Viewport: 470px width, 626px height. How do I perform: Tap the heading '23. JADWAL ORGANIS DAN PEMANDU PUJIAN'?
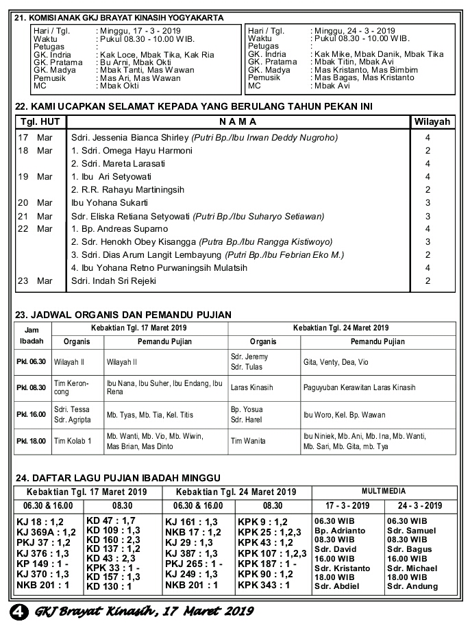pyautogui.click(x=123, y=315)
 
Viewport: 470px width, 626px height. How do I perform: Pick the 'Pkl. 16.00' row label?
pyautogui.click(x=31, y=416)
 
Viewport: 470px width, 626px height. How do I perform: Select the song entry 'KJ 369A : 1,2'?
pyautogui.click(x=46, y=531)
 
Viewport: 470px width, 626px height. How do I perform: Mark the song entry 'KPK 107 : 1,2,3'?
pyautogui.click(x=272, y=553)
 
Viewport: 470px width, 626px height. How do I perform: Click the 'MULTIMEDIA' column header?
pyautogui.click(x=384, y=492)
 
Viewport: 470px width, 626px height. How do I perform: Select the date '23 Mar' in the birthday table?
pyautogui.click(x=35, y=281)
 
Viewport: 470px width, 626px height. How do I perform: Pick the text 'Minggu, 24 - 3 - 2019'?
pyautogui.click(x=353, y=31)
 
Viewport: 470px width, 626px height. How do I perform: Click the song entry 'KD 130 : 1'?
pyautogui.click(x=110, y=586)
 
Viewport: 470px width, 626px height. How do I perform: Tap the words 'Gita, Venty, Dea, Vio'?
pyautogui.click(x=336, y=361)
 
